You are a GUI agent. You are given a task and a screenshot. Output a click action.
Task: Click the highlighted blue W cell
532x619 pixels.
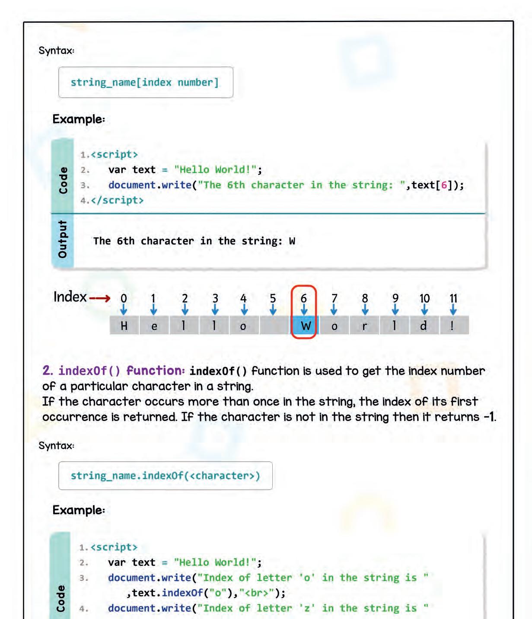(305, 326)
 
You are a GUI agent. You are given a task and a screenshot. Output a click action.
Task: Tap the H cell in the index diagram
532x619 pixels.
(124, 325)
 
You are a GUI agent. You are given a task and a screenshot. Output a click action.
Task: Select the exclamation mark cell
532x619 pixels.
(453, 325)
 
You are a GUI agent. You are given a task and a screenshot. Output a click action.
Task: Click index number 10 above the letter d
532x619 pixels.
(424, 298)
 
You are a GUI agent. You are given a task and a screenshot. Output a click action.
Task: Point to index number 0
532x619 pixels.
(124, 298)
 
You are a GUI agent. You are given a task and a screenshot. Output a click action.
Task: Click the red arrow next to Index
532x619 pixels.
(100, 298)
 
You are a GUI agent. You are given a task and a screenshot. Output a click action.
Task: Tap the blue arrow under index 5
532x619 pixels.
(273, 309)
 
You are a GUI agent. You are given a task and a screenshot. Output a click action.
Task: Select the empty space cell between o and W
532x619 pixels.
(274, 325)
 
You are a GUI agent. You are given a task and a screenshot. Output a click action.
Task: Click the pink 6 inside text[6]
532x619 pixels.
(444, 185)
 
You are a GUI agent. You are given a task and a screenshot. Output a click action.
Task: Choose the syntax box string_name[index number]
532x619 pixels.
(146, 82)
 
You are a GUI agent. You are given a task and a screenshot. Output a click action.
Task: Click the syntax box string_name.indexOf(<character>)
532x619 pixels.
(165, 475)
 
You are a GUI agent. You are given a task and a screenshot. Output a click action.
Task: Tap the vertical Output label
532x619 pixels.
(62, 239)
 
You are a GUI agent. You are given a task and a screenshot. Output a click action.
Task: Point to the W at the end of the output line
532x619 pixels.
(292, 241)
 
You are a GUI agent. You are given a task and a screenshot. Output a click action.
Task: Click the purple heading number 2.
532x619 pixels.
(48, 370)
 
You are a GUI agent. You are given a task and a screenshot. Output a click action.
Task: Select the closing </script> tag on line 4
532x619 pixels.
(117, 200)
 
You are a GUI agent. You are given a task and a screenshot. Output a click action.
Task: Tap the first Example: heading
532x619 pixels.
(79, 119)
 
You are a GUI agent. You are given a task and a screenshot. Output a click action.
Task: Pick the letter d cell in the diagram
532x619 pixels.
(424, 325)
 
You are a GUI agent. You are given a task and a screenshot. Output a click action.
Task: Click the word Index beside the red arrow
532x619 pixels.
(70, 297)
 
